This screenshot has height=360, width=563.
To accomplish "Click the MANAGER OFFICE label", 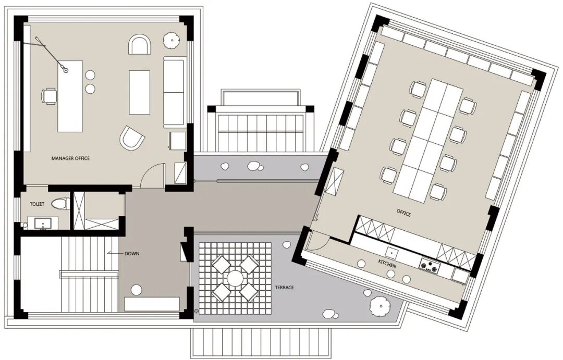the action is click(70, 158).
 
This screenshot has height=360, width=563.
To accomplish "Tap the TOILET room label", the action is click(37, 204).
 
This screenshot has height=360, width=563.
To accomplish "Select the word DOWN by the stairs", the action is click(132, 254).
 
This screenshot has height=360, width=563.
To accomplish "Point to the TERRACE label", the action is click(285, 288).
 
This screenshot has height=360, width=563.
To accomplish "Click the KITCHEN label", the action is click(387, 264).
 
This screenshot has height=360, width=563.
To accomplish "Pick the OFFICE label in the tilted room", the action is click(403, 213).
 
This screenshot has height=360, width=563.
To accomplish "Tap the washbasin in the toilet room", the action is click(43, 224).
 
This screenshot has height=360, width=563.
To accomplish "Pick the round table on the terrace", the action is click(235, 278).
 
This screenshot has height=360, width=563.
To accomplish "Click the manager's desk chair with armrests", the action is click(49, 96).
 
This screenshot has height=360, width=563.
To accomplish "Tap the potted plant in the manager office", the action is click(172, 40).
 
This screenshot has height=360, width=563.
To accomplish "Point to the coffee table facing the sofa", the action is click(140, 92).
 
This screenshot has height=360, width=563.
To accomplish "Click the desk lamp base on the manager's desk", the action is click(66, 70).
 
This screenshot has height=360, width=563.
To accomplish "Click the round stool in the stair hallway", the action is click(136, 289).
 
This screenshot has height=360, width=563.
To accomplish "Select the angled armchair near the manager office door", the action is click(131, 138).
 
